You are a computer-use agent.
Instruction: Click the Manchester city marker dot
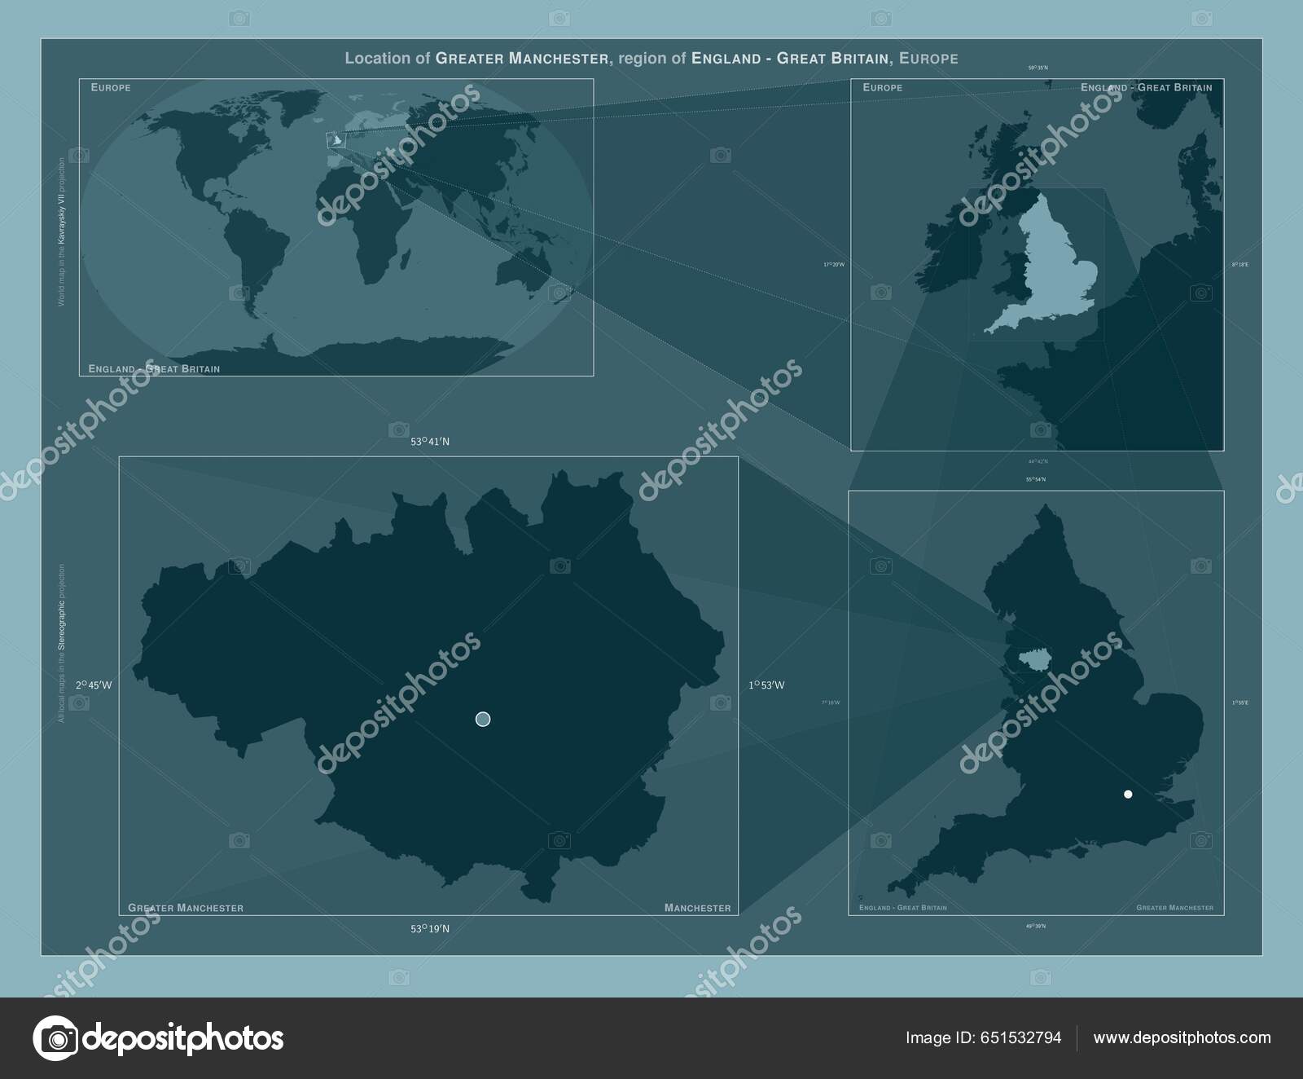point(483,719)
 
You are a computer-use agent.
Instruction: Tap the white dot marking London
point(1128,794)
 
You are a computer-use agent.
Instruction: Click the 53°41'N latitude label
point(430,442)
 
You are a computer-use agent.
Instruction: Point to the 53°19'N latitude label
point(430,928)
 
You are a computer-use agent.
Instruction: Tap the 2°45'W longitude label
point(94,685)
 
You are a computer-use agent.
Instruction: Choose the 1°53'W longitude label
point(766,685)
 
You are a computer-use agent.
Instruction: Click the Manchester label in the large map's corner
point(697,908)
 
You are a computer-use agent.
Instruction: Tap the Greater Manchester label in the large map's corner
point(186,908)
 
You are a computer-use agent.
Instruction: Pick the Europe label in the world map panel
point(111,87)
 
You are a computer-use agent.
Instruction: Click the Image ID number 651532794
point(1021,1037)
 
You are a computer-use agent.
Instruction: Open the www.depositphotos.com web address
point(1182,1037)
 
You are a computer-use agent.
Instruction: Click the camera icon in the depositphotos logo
point(55,1038)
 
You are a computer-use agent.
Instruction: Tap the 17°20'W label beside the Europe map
point(834,265)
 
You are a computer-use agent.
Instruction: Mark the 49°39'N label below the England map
point(1036,926)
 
